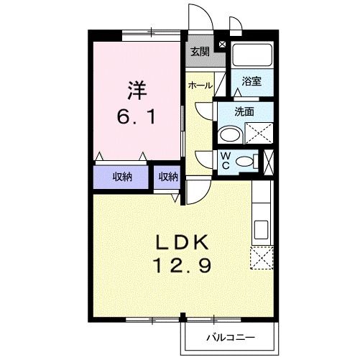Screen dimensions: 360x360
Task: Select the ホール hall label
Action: click(200, 86)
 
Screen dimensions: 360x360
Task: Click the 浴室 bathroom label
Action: click(251, 82)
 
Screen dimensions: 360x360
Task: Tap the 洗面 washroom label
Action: click(245, 111)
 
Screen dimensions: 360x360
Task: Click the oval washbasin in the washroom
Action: click(230, 135)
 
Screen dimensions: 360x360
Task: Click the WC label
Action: click(225, 160)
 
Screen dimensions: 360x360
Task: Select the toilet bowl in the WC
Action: click(246, 161)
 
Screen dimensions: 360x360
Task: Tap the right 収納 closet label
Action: click(168, 177)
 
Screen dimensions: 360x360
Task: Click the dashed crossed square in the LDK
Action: click(262, 257)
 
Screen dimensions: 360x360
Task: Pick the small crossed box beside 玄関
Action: click(221, 44)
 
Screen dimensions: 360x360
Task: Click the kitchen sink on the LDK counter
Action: click(261, 230)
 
